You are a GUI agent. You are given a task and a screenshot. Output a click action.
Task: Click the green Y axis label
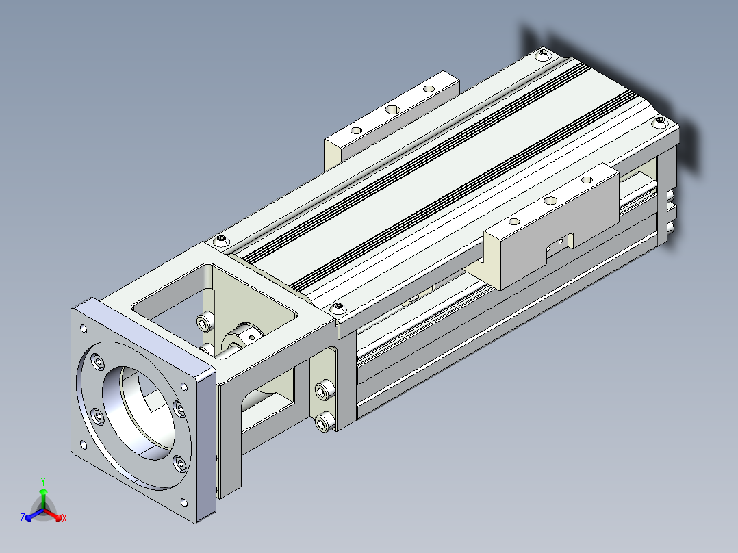[43, 481]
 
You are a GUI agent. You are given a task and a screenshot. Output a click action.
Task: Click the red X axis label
[64, 518]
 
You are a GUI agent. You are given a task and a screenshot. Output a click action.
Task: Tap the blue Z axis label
[22, 517]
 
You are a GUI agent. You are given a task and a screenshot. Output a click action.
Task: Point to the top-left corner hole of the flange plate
[84, 329]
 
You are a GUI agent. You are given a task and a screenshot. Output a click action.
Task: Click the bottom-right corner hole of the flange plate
[184, 503]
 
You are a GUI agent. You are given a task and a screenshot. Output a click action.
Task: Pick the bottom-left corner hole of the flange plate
[84, 444]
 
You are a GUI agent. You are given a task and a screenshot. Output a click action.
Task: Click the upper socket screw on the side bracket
[324, 390]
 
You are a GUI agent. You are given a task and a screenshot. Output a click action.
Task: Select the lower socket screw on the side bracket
[324, 422]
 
